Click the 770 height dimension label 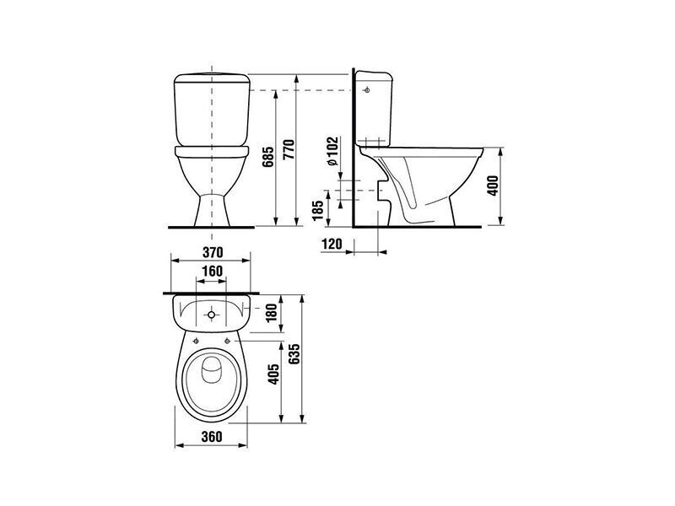click(x=289, y=149)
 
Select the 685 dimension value click(x=268, y=157)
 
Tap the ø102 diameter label click(x=332, y=152)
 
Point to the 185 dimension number click(x=319, y=210)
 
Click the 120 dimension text click(x=332, y=244)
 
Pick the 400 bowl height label click(x=493, y=186)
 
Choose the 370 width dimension click(x=213, y=252)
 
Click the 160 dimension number click(x=213, y=271)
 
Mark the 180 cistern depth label click(x=272, y=314)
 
